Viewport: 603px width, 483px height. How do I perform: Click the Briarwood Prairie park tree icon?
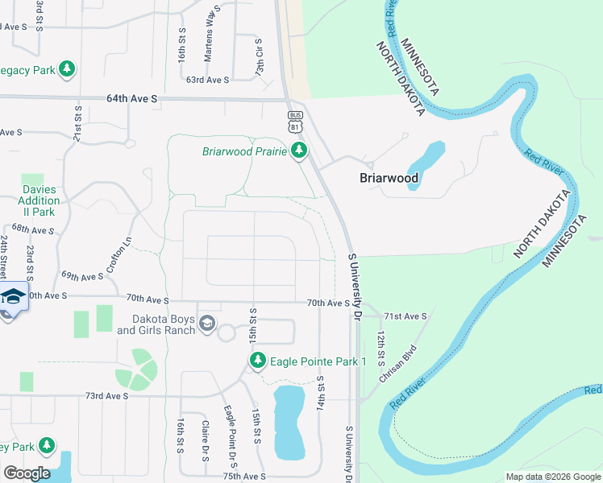[x=299, y=151]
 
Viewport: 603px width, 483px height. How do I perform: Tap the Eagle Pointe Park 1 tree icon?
[x=258, y=361]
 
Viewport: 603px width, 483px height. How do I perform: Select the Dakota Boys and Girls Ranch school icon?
[x=207, y=323]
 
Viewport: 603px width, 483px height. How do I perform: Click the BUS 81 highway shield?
[x=295, y=122]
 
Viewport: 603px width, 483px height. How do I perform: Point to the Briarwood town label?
[x=389, y=178]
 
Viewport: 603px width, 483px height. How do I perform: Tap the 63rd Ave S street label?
[x=207, y=80]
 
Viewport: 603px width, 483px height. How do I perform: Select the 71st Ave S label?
[x=405, y=316]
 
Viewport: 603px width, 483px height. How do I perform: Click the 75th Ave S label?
[x=244, y=477]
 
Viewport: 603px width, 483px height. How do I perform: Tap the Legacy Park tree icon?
[x=68, y=69]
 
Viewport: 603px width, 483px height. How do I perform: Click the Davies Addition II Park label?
[x=27, y=201]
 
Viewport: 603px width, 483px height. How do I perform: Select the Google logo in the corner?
[x=27, y=473]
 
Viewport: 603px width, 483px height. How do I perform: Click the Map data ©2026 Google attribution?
[x=552, y=477]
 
